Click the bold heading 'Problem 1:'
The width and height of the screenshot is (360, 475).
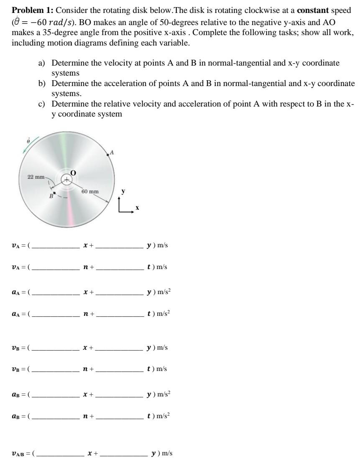point(29,10)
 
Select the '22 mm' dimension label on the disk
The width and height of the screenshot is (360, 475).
point(36,177)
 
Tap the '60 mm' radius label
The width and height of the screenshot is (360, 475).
point(90,191)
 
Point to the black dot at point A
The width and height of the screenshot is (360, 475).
point(108,155)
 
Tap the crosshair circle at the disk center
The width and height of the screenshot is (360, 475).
point(66,180)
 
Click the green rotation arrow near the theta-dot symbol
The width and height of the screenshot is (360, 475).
point(32,145)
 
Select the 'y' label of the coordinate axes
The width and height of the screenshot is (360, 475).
point(123,192)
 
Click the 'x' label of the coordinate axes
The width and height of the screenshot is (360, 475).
point(137,207)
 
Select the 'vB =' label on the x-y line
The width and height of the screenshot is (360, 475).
point(19,348)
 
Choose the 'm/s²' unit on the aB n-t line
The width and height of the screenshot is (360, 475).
point(161,416)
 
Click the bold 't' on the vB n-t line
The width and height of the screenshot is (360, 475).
point(149,369)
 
